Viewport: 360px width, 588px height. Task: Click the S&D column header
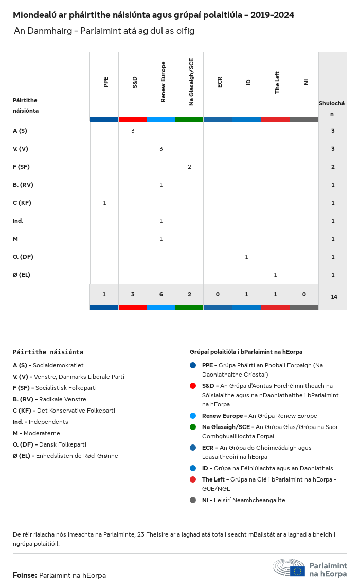pos(135,82)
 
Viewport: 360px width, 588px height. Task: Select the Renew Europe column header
pos(164,82)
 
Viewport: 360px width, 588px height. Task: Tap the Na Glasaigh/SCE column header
pos(191,82)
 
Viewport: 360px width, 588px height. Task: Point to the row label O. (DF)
pos(23,257)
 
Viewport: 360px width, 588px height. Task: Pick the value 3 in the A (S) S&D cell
pos(133,131)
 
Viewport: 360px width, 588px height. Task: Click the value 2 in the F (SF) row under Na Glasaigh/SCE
pos(189,167)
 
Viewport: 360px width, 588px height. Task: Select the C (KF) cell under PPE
pos(104,203)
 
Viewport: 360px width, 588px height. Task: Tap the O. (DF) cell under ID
pos(246,257)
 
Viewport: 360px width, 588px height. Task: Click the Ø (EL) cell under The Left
pos(275,275)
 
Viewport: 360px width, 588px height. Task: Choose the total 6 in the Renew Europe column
pos(161,294)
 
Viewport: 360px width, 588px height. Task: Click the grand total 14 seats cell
pos(334,297)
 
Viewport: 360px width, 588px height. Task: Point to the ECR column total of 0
pos(218,294)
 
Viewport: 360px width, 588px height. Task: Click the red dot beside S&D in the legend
pos(193,386)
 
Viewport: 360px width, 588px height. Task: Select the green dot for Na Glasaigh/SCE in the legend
pos(193,427)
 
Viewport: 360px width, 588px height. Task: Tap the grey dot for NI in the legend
pos(193,500)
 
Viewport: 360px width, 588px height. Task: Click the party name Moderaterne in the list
pos(42,433)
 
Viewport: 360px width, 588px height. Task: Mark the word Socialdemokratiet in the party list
pos(58,365)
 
